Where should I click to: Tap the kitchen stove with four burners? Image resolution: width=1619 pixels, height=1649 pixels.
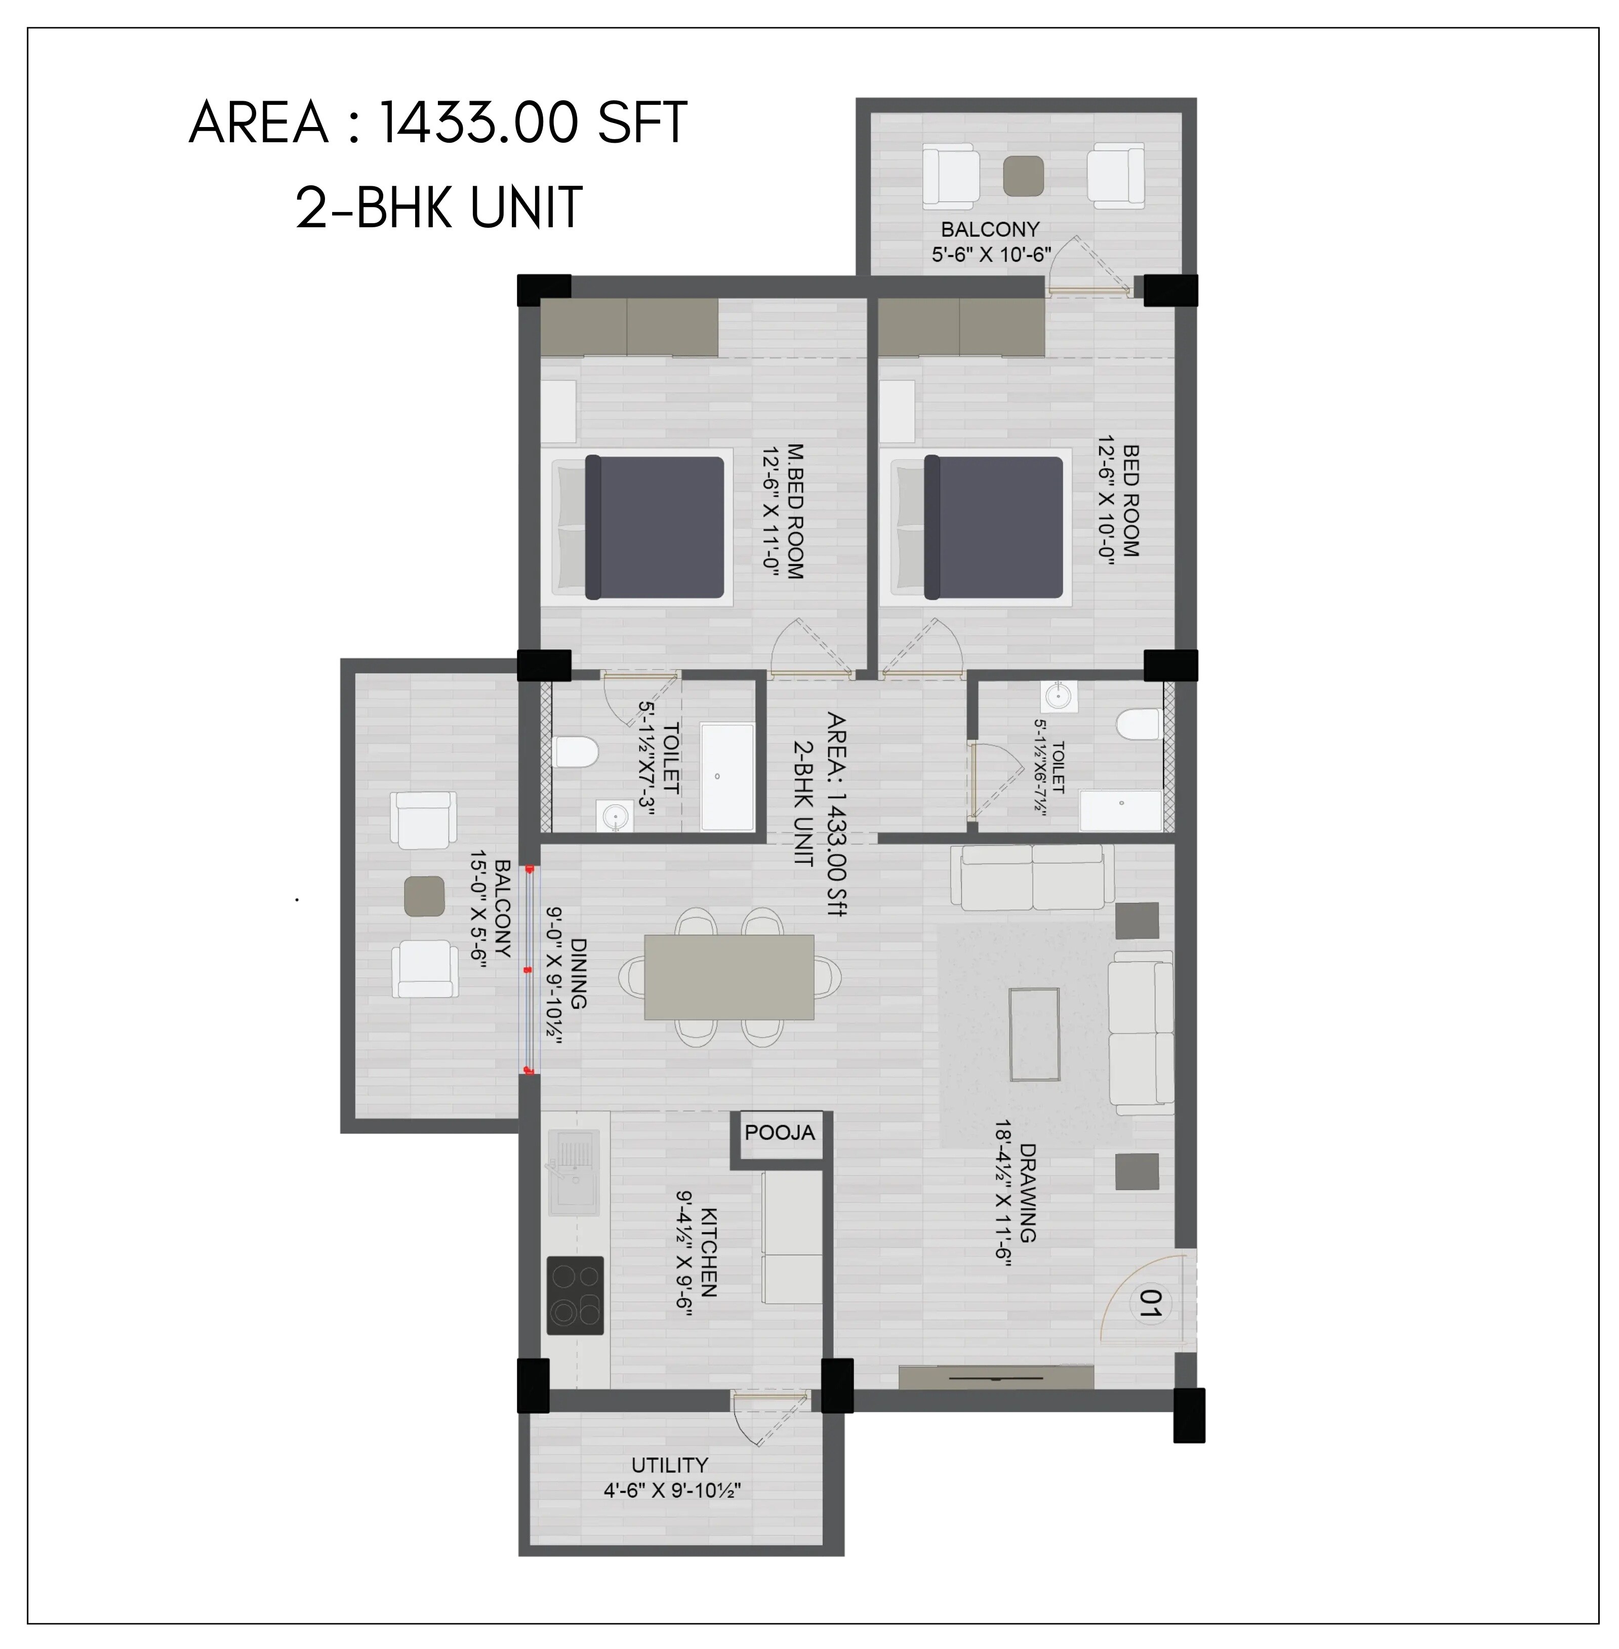click(x=575, y=1295)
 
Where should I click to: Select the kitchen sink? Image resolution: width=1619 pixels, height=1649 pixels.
click(x=574, y=1173)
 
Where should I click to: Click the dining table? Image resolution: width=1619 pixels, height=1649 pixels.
click(x=728, y=977)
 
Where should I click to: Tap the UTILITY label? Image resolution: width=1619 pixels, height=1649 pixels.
click(x=669, y=1465)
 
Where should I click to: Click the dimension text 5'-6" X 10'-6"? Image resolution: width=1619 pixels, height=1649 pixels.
click(x=991, y=254)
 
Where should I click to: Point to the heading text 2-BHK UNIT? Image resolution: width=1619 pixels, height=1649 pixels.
click(x=439, y=208)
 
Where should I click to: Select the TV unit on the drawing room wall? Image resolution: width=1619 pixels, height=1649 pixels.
click(x=996, y=1377)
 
